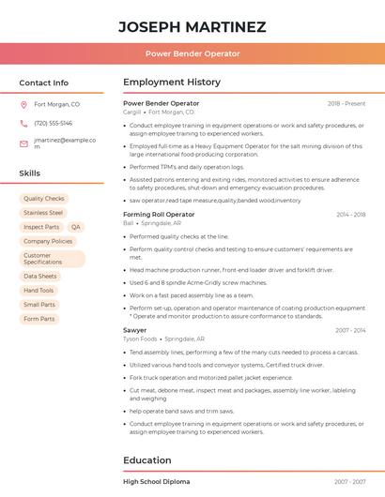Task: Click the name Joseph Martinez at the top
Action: (192, 27)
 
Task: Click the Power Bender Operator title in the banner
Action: (192, 53)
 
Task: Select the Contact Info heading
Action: (43, 83)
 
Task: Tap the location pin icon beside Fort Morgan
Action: (23, 105)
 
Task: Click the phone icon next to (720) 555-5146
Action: (23, 123)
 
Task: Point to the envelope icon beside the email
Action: (23, 143)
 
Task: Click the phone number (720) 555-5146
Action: (53, 123)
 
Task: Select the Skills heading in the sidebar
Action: (29, 173)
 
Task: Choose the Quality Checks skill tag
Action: (44, 199)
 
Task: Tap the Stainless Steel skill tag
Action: (43, 213)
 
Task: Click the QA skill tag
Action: (75, 227)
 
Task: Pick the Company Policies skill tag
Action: (48, 241)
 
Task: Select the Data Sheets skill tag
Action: (40, 277)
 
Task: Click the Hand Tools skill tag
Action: (38, 291)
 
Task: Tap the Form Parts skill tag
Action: (38, 319)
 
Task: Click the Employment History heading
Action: (172, 83)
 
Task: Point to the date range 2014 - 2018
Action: (350, 215)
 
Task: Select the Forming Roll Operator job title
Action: (159, 215)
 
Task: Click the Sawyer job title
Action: (134, 330)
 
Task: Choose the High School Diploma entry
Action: (156, 481)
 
